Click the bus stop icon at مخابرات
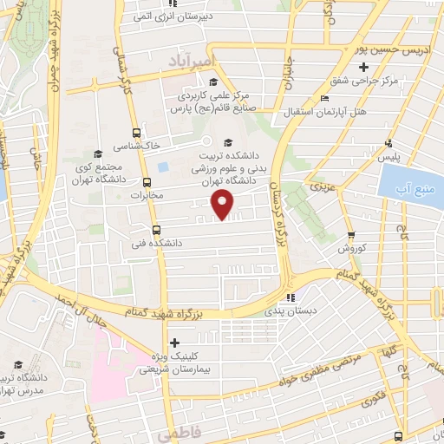(146, 183)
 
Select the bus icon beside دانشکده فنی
(156, 231)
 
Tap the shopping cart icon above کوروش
(350, 235)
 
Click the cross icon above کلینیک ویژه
(175, 343)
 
